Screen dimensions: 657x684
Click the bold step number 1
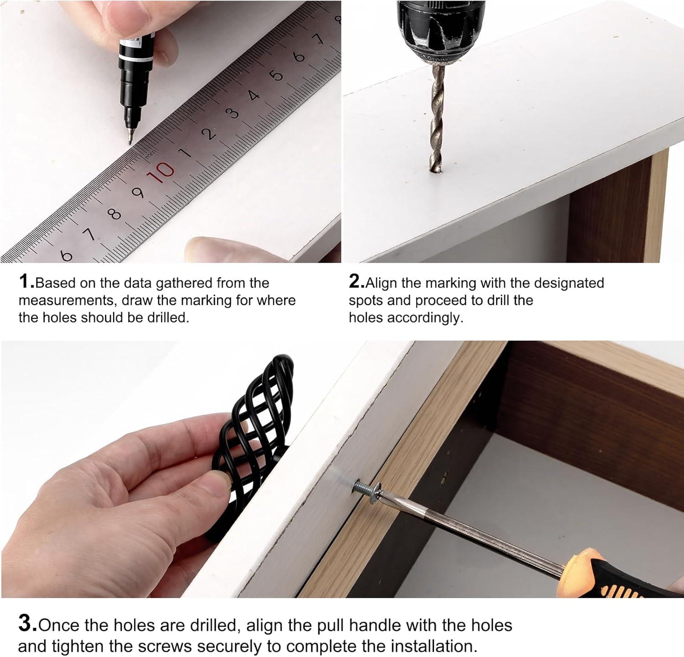click(26, 281)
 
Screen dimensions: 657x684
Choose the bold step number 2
click(356, 281)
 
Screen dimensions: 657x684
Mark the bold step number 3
click(27, 623)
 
